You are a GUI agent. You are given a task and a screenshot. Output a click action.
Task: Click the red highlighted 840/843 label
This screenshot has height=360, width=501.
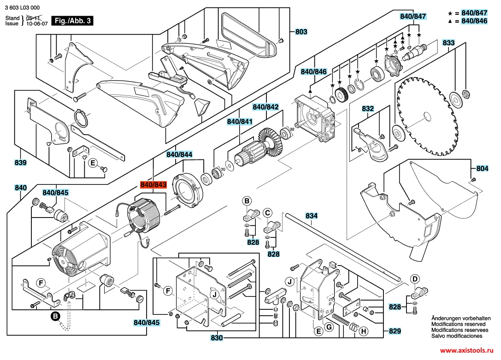[153, 185]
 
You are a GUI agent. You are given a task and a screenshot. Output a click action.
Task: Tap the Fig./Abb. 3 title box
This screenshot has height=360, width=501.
[73, 21]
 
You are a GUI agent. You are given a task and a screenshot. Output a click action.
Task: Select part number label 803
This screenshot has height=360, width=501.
[301, 32]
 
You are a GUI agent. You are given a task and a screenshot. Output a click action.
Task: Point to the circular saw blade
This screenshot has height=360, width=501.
[426, 116]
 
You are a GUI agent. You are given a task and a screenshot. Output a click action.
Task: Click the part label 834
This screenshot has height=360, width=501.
[312, 216]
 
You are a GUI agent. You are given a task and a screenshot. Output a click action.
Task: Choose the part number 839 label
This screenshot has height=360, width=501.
[20, 163]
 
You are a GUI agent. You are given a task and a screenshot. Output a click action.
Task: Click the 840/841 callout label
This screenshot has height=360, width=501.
[240, 121]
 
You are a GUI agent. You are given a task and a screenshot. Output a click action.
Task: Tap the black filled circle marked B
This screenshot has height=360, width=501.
[55, 316]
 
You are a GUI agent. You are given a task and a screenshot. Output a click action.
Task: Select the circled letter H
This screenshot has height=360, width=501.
[363, 331]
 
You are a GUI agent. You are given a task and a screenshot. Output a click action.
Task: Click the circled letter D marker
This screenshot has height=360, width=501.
[415, 279]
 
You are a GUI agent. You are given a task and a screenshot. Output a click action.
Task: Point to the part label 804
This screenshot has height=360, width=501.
[482, 168]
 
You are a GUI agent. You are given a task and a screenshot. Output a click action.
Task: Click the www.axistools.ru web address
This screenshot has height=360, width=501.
[467, 350]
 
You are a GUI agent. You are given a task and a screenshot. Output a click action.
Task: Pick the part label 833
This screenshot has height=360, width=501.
[448, 42]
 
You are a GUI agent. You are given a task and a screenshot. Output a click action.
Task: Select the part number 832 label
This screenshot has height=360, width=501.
[368, 109]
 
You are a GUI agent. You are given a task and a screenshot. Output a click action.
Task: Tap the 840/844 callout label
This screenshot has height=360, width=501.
[179, 154]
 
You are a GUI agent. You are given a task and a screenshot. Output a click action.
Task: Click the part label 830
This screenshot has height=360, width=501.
[217, 337]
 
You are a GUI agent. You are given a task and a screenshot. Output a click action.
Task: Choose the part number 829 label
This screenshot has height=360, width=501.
[395, 331]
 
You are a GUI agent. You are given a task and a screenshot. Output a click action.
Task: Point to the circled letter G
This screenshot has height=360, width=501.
[329, 327]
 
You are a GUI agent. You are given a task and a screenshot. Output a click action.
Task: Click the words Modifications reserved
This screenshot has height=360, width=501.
[459, 324]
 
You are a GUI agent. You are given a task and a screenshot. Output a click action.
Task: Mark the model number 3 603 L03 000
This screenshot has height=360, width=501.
[23, 8]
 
